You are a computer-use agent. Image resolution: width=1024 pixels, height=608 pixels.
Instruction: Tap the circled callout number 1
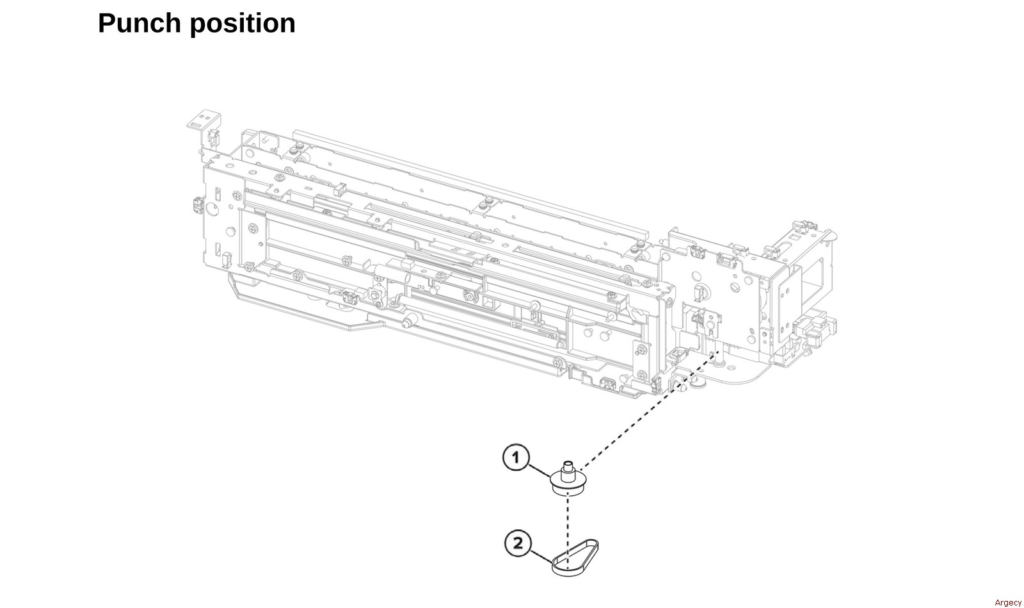coord(516,459)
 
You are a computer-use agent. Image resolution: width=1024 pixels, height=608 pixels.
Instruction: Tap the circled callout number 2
coord(518,544)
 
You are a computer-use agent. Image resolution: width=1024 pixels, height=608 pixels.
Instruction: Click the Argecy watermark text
coord(1007,602)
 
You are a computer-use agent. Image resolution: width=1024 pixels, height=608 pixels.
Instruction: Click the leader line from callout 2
coord(541,555)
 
